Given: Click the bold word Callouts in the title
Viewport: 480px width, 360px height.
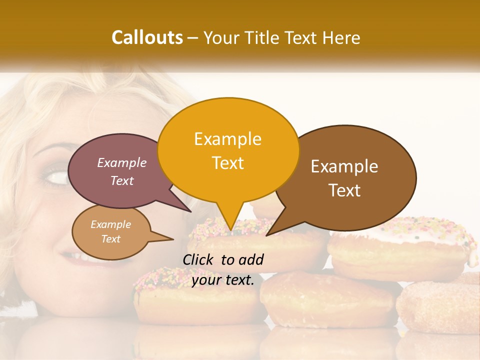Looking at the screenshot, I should pos(147,37).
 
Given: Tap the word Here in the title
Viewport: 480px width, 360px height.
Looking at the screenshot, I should pos(342,38).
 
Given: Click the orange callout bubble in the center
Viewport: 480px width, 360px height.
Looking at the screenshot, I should pos(228,150).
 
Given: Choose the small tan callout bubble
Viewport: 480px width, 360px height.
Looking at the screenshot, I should pos(111,232).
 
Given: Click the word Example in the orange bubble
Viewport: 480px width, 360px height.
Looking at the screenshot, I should pos(227,139).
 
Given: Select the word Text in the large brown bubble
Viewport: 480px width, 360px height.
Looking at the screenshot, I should pos(345,190).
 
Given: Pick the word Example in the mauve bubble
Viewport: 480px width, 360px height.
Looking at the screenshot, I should pos(122,163).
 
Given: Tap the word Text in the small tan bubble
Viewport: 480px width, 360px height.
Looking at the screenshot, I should pos(111,239).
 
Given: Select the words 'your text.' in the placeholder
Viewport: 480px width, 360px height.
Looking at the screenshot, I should pos(223,280).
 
